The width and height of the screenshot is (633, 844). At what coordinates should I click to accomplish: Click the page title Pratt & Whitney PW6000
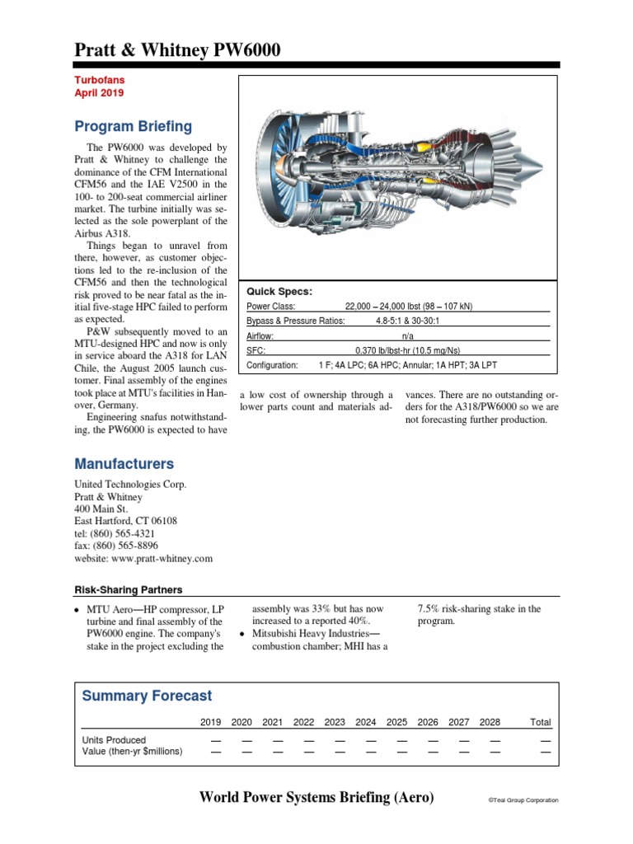point(177,50)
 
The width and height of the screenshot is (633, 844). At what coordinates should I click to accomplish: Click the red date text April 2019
point(99,94)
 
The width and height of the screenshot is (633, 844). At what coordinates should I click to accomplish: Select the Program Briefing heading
point(133,126)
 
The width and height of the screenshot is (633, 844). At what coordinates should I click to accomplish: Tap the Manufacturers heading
point(124,464)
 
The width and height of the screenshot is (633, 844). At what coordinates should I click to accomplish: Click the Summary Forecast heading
point(147,696)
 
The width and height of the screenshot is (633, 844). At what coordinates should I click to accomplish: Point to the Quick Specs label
point(279,291)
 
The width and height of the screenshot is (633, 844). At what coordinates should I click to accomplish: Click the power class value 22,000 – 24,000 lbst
point(409,306)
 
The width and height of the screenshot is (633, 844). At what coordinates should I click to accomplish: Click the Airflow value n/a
point(408,335)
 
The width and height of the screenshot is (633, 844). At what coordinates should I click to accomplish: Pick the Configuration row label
point(272,365)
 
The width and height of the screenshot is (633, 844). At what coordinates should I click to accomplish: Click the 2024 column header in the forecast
point(365,722)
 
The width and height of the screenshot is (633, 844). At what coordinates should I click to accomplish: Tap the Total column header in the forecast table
point(540,722)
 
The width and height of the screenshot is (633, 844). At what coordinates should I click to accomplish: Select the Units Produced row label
point(114,739)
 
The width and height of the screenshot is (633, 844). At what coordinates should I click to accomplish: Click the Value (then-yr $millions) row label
point(133,751)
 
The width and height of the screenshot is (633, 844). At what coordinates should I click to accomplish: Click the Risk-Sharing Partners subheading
point(129,590)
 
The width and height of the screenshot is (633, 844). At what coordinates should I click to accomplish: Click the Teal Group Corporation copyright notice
point(523,800)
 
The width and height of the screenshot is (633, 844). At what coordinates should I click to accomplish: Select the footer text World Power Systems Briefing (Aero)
point(316,797)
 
